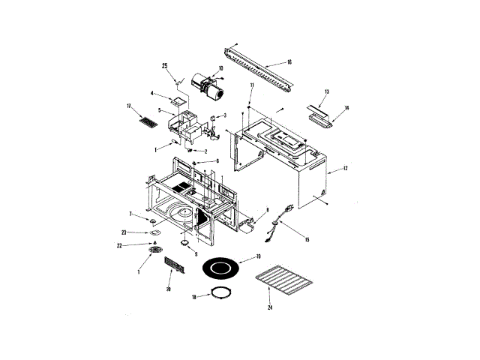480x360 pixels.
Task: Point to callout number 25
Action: pyautogui.click(x=164, y=66)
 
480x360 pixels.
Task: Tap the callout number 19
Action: pyautogui.click(x=257, y=257)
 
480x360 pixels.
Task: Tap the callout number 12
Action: pyautogui.click(x=346, y=169)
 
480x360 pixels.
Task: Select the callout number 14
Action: pyautogui.click(x=346, y=108)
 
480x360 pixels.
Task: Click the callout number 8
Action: pyautogui.click(x=266, y=211)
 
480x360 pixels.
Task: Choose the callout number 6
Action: pyautogui.click(x=217, y=160)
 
